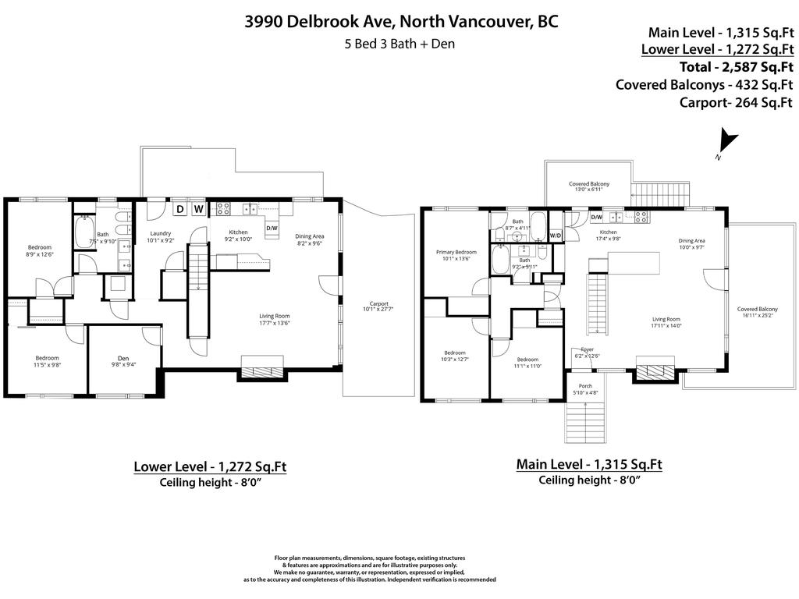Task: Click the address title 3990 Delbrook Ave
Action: tap(401, 21)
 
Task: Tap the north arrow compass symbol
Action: tap(727, 143)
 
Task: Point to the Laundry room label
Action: tap(160, 236)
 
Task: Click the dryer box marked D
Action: tap(179, 209)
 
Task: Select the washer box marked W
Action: tap(198, 209)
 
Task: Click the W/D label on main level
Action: tap(556, 235)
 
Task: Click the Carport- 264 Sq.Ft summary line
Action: tap(736, 102)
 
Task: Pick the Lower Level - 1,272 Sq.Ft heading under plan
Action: tap(210, 467)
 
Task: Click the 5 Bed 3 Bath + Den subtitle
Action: tap(399, 44)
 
